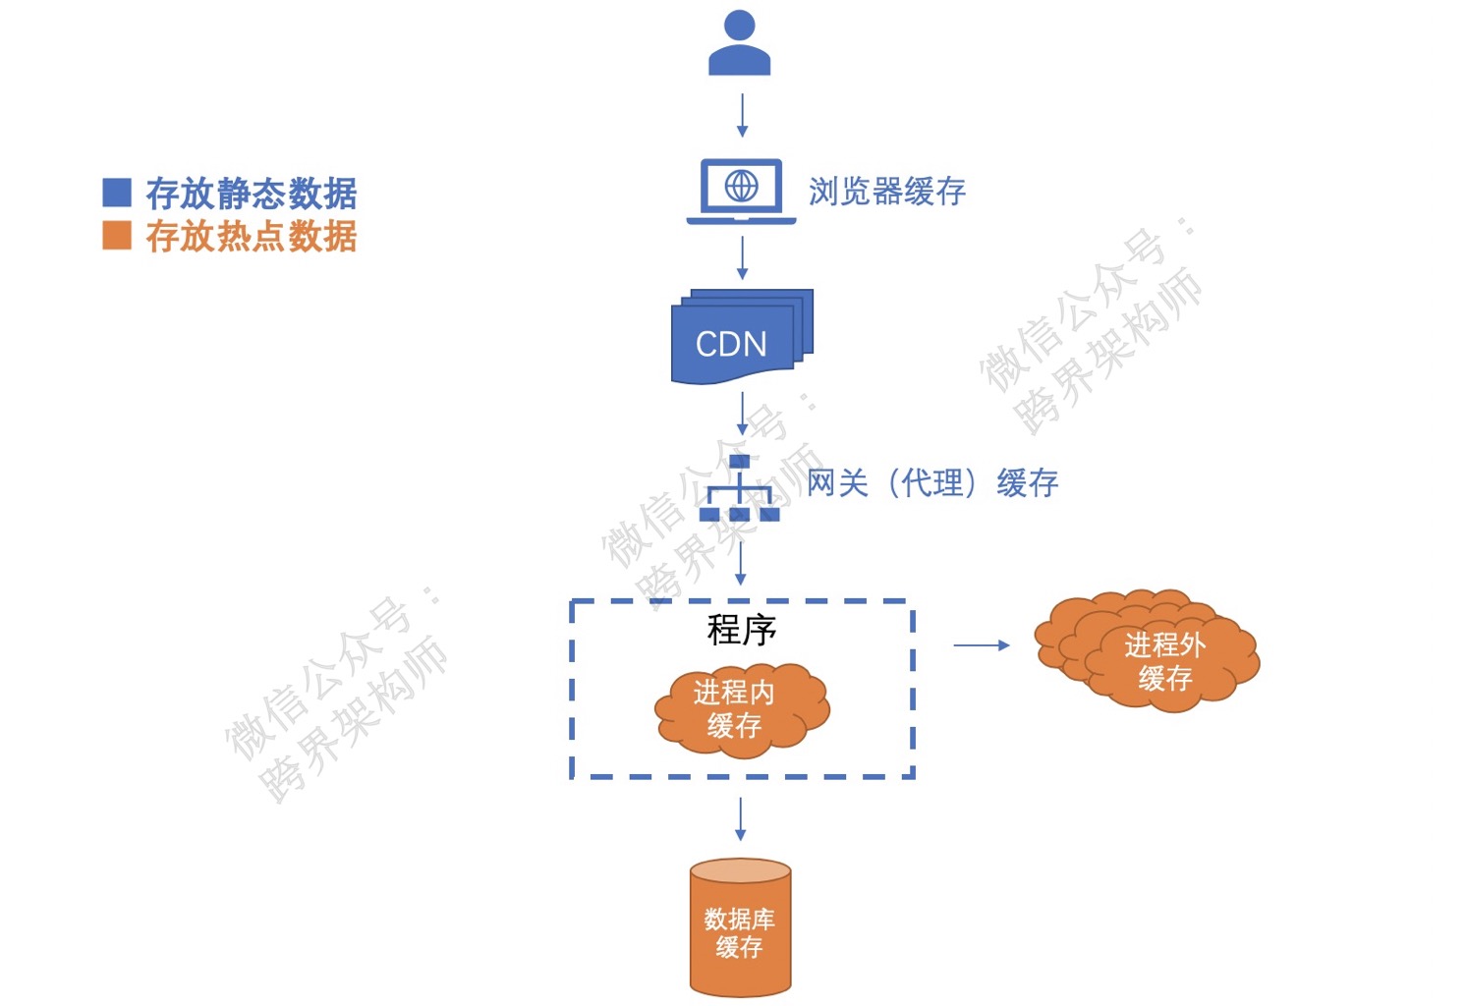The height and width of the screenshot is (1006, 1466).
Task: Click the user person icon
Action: [739, 43]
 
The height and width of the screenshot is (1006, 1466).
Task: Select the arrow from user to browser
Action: [742, 115]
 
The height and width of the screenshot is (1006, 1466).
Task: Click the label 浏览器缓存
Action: [886, 192]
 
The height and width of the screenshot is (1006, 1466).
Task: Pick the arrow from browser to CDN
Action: [742, 257]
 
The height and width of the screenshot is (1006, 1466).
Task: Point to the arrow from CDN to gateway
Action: [742, 413]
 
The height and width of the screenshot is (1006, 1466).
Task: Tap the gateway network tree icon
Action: [739, 489]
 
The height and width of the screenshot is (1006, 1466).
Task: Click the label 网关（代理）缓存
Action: [931, 483]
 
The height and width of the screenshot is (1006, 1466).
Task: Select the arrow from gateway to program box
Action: [740, 562]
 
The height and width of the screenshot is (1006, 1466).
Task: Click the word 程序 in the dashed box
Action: [741, 630]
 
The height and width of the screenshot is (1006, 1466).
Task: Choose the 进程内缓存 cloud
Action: [739, 709]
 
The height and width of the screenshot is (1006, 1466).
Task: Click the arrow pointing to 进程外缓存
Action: [981, 645]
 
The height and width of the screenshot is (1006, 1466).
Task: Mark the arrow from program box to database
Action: [740, 818]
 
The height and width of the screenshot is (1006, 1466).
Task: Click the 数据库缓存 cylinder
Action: [740, 928]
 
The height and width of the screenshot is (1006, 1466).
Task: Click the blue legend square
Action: [117, 193]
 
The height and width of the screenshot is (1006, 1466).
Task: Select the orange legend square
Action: [117, 236]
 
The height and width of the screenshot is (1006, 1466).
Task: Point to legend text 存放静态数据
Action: [251, 194]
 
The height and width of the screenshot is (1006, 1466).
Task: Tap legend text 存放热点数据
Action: [251, 237]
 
